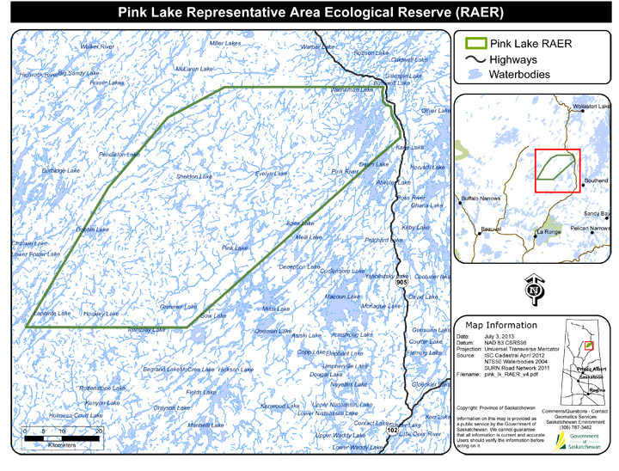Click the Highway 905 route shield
coord(401,281)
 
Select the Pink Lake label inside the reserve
coord(235,248)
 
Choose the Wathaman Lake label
coord(353,89)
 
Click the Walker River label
coord(97,46)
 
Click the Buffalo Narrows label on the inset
coord(481,199)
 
